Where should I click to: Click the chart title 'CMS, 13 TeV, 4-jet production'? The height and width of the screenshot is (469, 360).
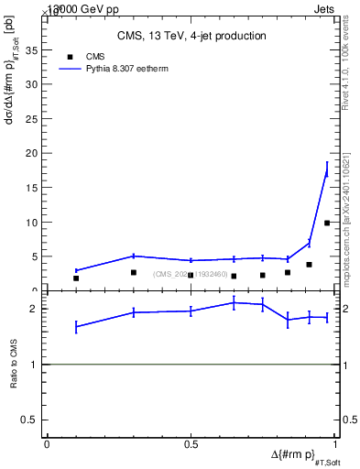[x=191, y=37]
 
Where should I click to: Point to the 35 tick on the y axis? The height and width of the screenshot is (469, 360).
[x=34, y=50]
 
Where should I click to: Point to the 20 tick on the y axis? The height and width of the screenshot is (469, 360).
[x=34, y=153]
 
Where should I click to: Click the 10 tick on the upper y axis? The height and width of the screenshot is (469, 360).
[x=34, y=223]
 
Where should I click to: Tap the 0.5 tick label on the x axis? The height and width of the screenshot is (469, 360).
[x=191, y=445]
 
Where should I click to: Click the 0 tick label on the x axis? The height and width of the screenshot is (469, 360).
[x=47, y=445]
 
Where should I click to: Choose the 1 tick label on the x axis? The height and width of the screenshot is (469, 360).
[x=336, y=445]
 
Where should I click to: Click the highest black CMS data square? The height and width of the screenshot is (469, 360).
[x=327, y=223]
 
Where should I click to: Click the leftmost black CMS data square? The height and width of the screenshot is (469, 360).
[x=76, y=278]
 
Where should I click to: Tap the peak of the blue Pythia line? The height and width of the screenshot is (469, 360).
[x=327, y=171]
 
